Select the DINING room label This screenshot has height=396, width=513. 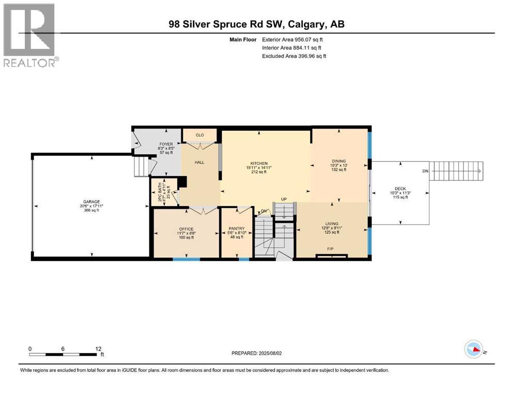tap(338, 161)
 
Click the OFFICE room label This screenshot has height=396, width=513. tap(186, 229)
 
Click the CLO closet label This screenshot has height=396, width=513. tap(200, 135)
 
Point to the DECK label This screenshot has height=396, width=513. tap(400, 189)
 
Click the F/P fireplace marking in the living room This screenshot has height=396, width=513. tap(329, 249)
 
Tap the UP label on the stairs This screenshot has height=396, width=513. tap(283, 199)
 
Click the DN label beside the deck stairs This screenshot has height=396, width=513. tap(425, 171)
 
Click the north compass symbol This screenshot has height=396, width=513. tap(474, 350)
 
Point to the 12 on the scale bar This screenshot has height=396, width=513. tap(99, 349)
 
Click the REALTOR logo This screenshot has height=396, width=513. tap(30, 35)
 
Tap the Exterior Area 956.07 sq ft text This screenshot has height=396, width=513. tap(294, 39)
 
